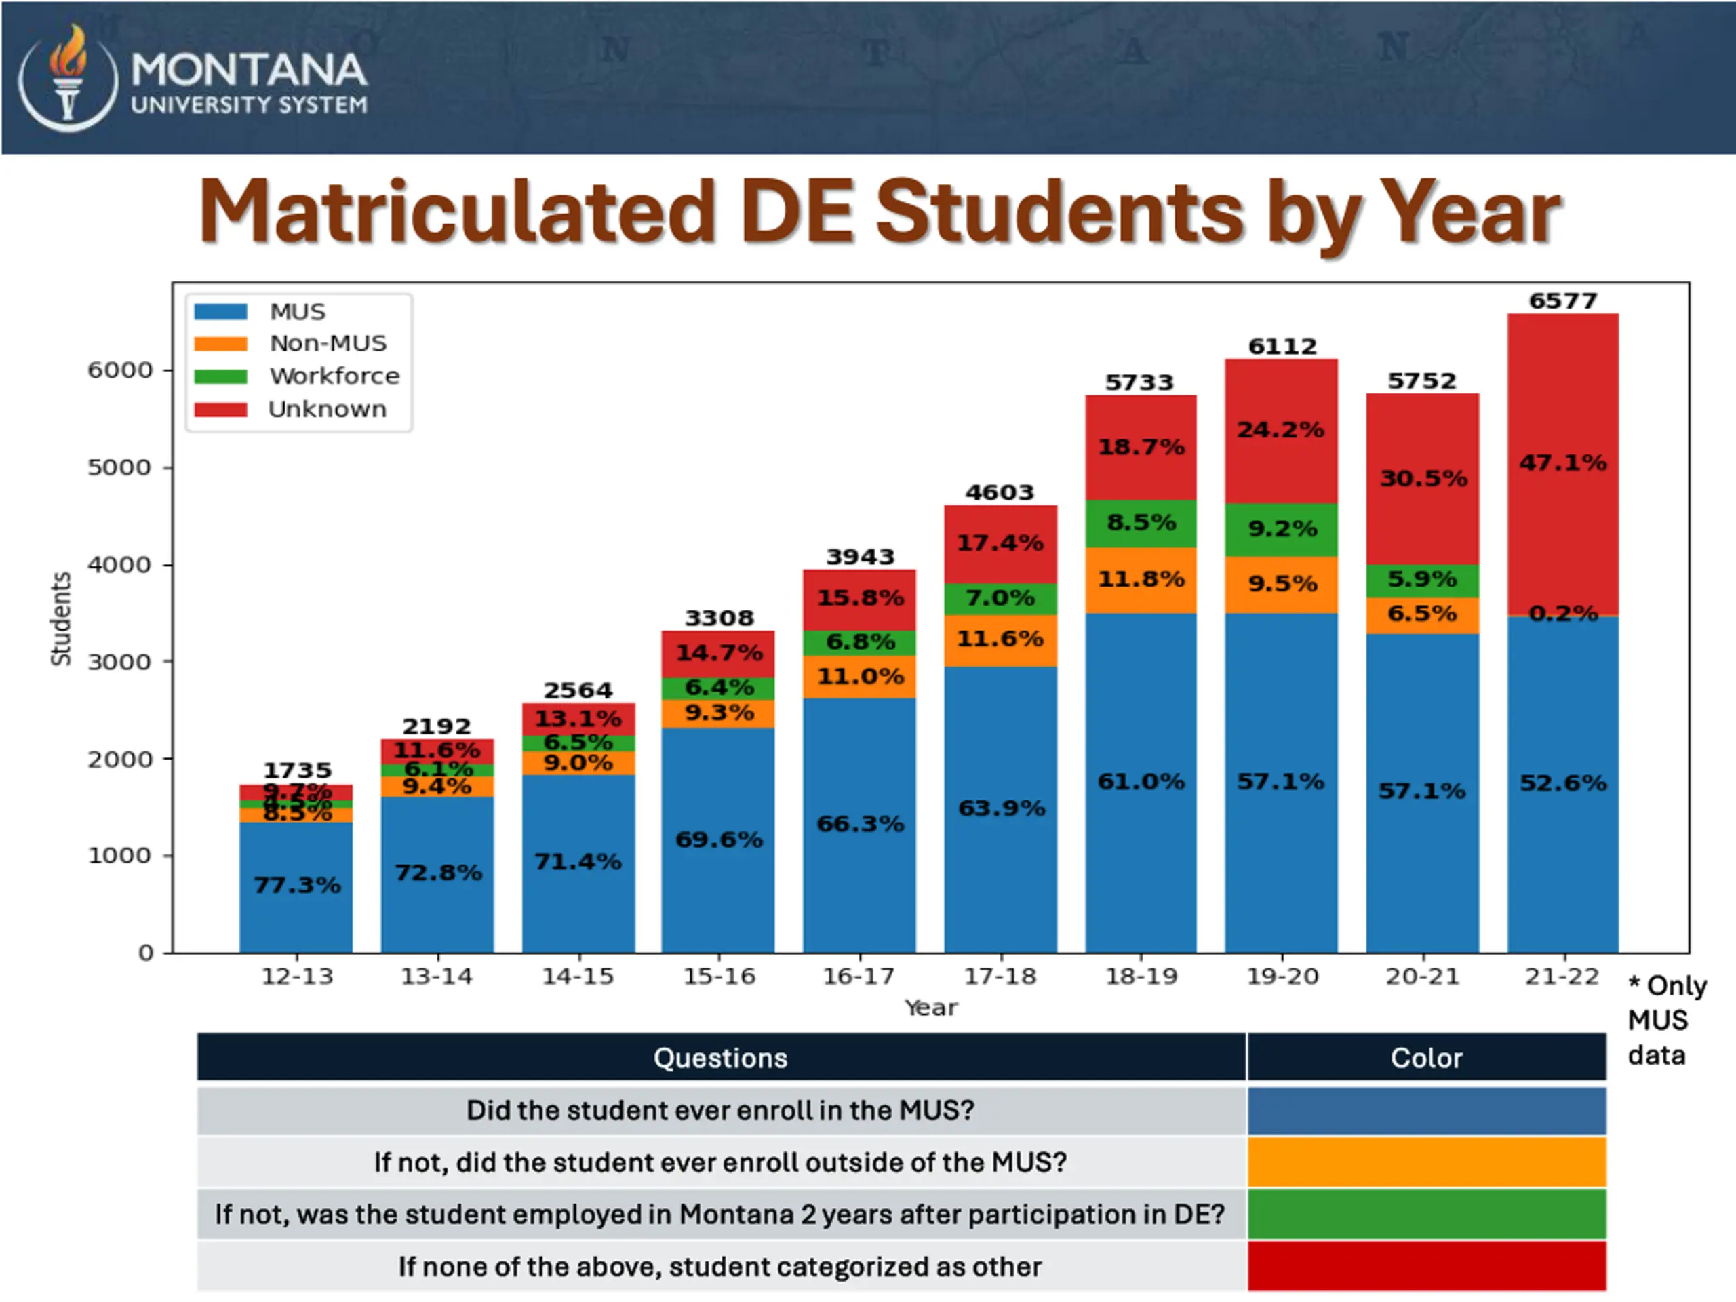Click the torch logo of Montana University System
click(x=68, y=76)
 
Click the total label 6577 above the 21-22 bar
click(x=1562, y=300)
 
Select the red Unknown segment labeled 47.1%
click(x=1562, y=463)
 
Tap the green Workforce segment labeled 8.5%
click(x=1141, y=523)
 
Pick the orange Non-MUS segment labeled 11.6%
click(x=1000, y=639)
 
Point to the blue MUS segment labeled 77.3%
click(x=296, y=885)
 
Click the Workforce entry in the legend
click(x=334, y=376)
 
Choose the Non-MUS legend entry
click(x=328, y=343)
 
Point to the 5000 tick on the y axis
click(x=119, y=467)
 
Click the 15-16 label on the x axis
click(x=719, y=976)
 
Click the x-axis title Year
click(x=931, y=1008)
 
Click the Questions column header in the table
click(x=720, y=1058)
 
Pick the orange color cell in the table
click(x=1426, y=1162)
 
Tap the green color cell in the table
click(x=1426, y=1214)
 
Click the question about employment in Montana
click(x=720, y=1214)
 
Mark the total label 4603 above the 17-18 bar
click(x=1000, y=492)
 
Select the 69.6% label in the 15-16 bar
click(x=719, y=840)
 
